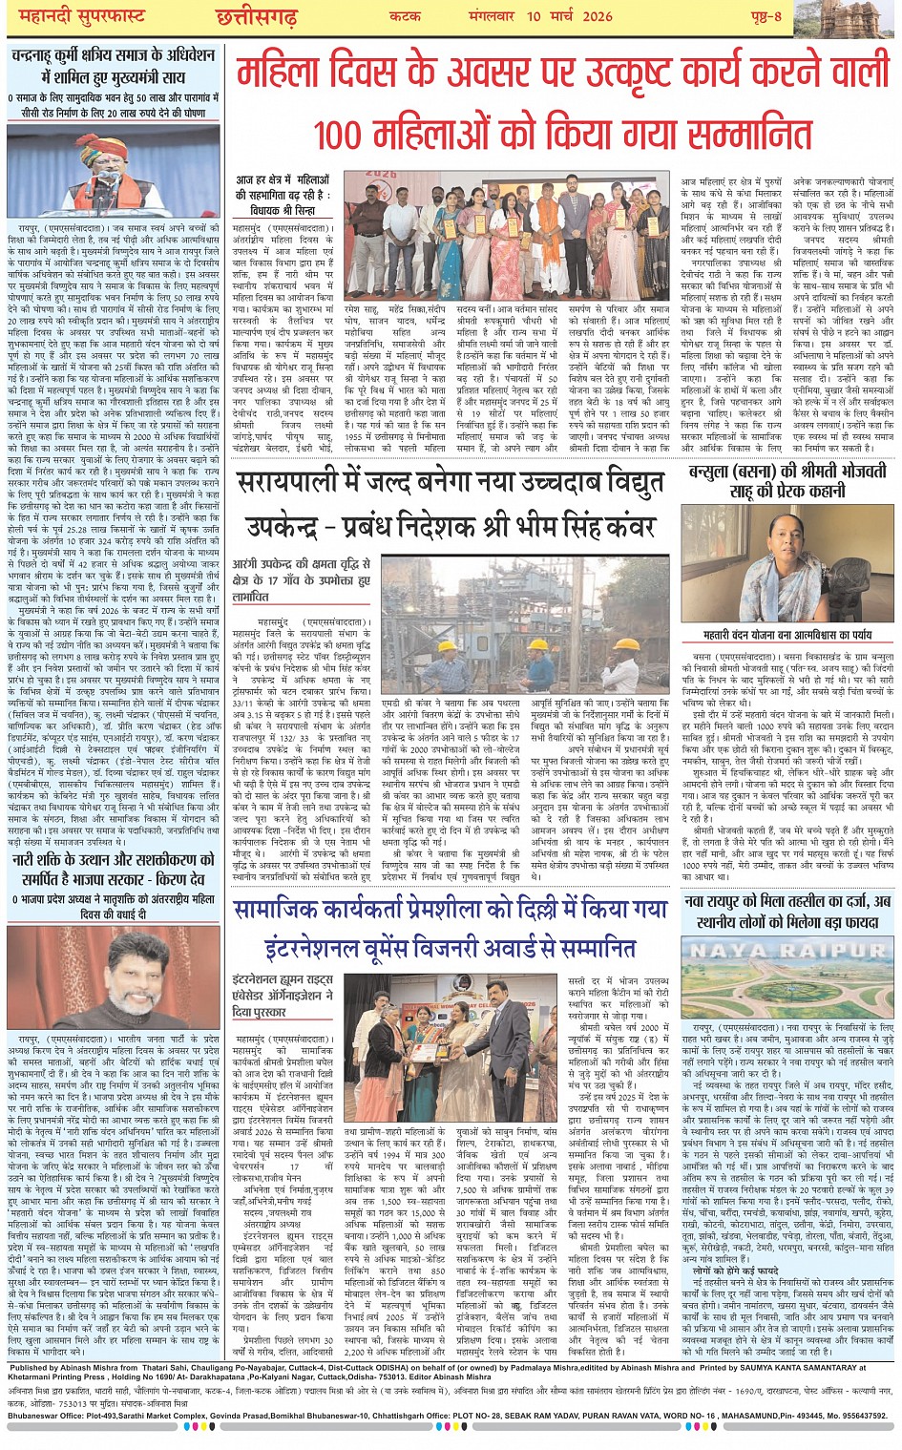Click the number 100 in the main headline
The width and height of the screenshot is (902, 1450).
(352, 135)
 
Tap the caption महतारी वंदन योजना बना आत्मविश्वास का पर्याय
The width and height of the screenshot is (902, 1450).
(788, 634)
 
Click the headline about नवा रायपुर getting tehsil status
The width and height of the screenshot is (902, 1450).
(788, 911)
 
